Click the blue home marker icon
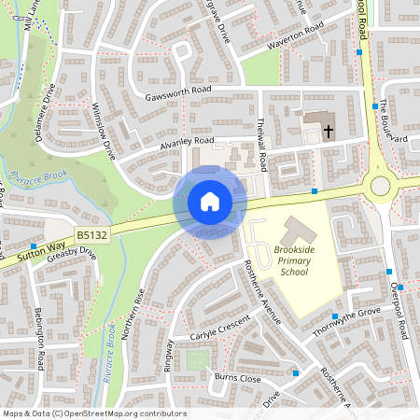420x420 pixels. tap(210, 202)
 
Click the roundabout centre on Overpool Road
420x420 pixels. tap(381, 186)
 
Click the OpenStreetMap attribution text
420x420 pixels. tap(94, 413)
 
